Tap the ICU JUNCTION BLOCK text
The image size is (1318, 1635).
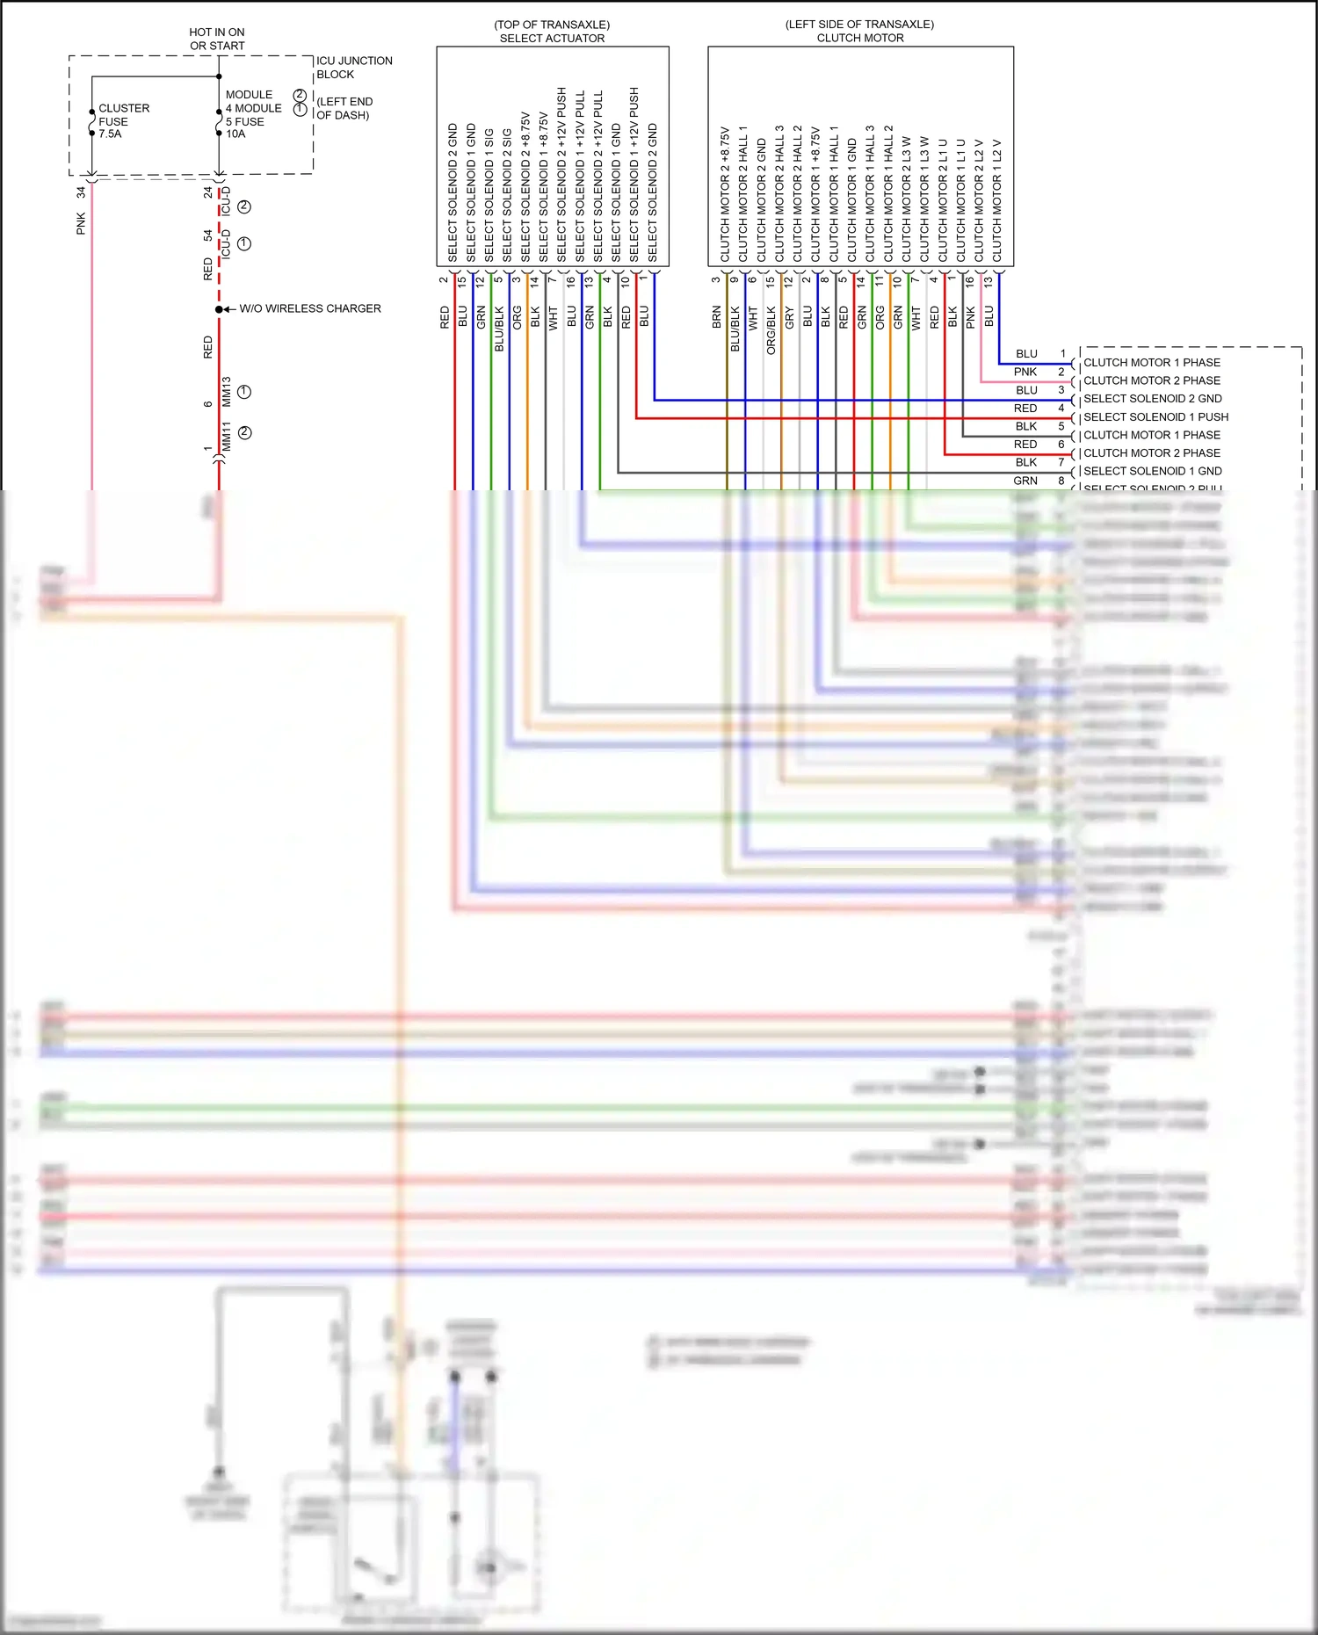[353, 68]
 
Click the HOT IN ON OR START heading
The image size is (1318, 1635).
[217, 39]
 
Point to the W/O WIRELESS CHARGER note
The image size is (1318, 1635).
[309, 308]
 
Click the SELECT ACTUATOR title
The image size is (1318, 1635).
[552, 39]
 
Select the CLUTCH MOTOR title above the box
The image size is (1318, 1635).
[859, 39]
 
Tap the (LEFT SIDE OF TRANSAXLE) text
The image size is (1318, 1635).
[859, 25]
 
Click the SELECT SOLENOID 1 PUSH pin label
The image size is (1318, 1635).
[1155, 417]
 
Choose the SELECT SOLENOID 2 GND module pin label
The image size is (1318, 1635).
[1152, 399]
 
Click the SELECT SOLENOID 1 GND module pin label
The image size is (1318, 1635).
[1152, 472]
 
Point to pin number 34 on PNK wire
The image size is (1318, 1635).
[81, 192]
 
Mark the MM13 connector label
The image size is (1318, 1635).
[227, 392]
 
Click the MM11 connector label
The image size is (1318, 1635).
[227, 437]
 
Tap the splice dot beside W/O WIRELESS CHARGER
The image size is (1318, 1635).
[219, 309]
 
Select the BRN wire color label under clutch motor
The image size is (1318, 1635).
[717, 317]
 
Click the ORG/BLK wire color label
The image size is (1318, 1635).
[771, 330]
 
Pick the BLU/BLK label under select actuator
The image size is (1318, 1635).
[499, 329]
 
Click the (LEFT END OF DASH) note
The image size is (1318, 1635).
[344, 108]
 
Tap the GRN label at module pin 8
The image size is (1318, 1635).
[1025, 481]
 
